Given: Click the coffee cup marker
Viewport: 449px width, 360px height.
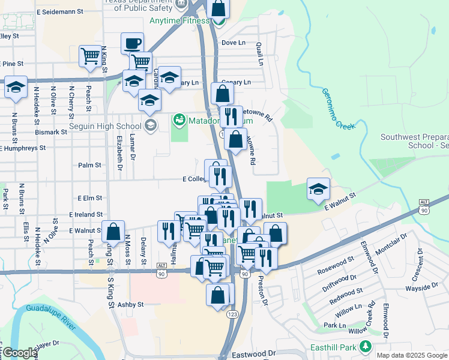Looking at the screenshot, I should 132,44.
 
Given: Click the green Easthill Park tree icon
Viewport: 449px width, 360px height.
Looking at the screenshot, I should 364,347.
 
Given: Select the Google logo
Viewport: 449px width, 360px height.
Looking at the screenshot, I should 19,353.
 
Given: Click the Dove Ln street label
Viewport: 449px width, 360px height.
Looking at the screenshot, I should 234,43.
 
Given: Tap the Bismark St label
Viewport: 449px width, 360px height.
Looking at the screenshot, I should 51,132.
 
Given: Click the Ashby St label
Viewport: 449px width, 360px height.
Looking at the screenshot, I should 130,305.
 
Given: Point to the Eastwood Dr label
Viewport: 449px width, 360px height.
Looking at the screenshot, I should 256,355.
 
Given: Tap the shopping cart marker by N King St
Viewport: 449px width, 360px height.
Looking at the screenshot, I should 90,56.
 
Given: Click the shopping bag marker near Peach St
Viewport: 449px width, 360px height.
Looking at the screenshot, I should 113,232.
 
